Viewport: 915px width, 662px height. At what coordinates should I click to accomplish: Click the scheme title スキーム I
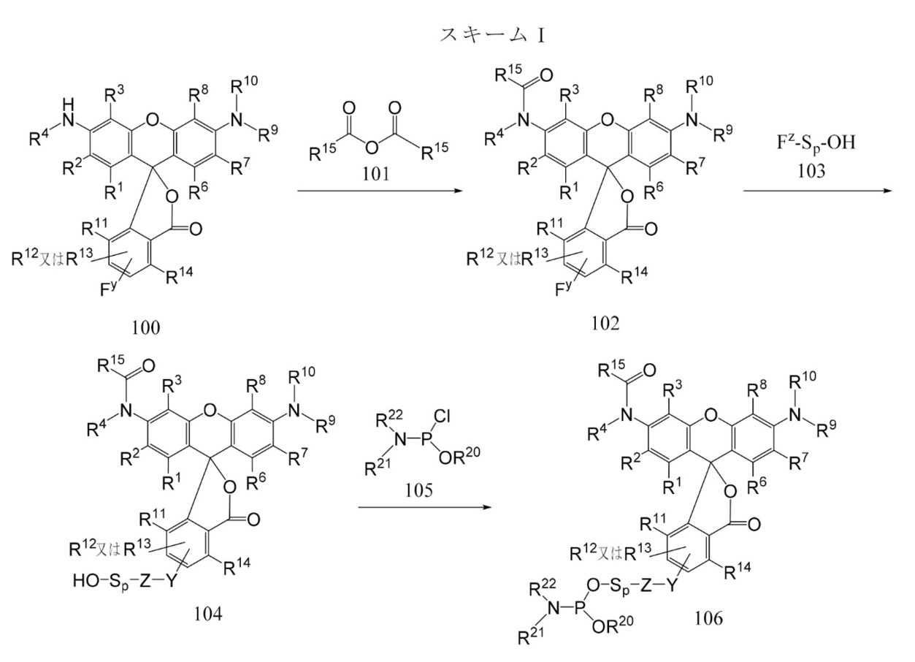492,36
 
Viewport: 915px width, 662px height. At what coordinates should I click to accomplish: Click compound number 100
146,327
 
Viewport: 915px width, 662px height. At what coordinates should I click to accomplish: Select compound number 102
605,323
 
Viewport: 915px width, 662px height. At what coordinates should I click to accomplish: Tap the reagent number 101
376,174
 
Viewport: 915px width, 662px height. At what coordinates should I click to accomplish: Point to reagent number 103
811,171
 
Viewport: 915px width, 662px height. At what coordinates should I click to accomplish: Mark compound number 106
709,618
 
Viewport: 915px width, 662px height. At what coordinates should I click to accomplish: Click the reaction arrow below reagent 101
380,191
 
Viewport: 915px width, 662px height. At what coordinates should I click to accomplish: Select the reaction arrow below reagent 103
817,191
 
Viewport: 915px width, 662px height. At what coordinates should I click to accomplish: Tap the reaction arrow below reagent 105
424,508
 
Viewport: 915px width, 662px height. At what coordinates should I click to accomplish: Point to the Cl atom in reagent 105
442,416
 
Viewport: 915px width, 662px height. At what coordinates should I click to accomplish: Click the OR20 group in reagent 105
459,456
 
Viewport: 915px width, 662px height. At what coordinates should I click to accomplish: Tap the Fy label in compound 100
108,288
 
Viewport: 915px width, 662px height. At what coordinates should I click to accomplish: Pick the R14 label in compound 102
635,275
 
